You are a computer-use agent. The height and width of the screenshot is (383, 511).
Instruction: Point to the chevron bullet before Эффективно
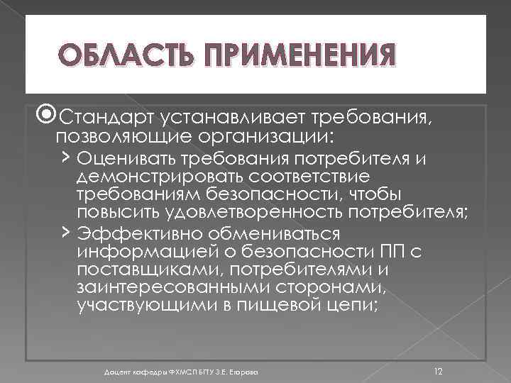tap(65, 232)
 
